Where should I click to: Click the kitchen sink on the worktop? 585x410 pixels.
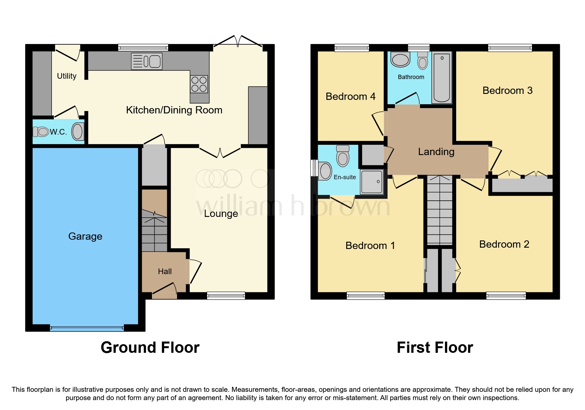coord(147,61)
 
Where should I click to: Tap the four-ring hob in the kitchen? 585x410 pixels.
coord(199,84)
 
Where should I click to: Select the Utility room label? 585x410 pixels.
coord(67,76)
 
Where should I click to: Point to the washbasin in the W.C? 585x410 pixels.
coord(78,132)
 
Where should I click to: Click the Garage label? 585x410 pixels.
coord(85,236)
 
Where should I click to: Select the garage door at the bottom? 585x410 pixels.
coord(87,328)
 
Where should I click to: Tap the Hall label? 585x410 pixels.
coord(165,271)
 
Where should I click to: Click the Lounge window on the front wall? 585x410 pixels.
coord(226,296)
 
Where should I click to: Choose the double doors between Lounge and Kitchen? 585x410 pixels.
coord(220,152)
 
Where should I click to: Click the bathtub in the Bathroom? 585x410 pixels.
coord(442,78)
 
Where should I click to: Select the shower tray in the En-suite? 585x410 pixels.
coord(372,182)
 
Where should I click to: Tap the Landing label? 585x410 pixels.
coord(436,152)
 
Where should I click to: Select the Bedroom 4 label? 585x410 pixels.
coord(350,97)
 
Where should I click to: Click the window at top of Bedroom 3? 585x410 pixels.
coord(510,48)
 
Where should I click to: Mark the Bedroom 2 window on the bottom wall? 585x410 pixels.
coord(506,296)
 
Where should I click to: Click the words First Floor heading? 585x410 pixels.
coord(435,348)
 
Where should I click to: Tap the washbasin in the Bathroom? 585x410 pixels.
coord(400,60)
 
